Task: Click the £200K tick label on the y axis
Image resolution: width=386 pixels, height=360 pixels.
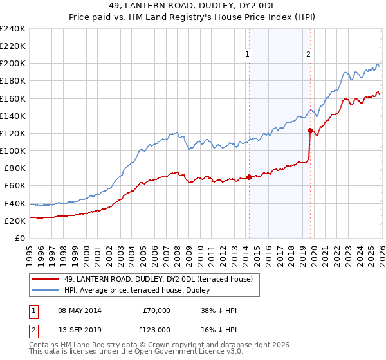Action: [13, 64]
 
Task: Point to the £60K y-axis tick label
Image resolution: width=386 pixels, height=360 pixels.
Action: [15, 186]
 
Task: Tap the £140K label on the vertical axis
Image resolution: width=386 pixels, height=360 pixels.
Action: [13, 116]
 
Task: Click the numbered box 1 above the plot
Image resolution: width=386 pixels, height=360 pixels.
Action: [248, 55]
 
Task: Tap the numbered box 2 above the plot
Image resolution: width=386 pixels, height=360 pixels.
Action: [309, 55]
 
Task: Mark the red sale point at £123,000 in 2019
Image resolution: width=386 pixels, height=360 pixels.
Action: [310, 130]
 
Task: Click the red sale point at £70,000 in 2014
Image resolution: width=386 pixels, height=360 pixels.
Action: [249, 177]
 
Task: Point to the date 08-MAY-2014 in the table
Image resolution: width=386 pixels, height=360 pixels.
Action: [80, 310]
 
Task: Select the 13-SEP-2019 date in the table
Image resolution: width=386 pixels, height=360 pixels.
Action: [79, 328]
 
